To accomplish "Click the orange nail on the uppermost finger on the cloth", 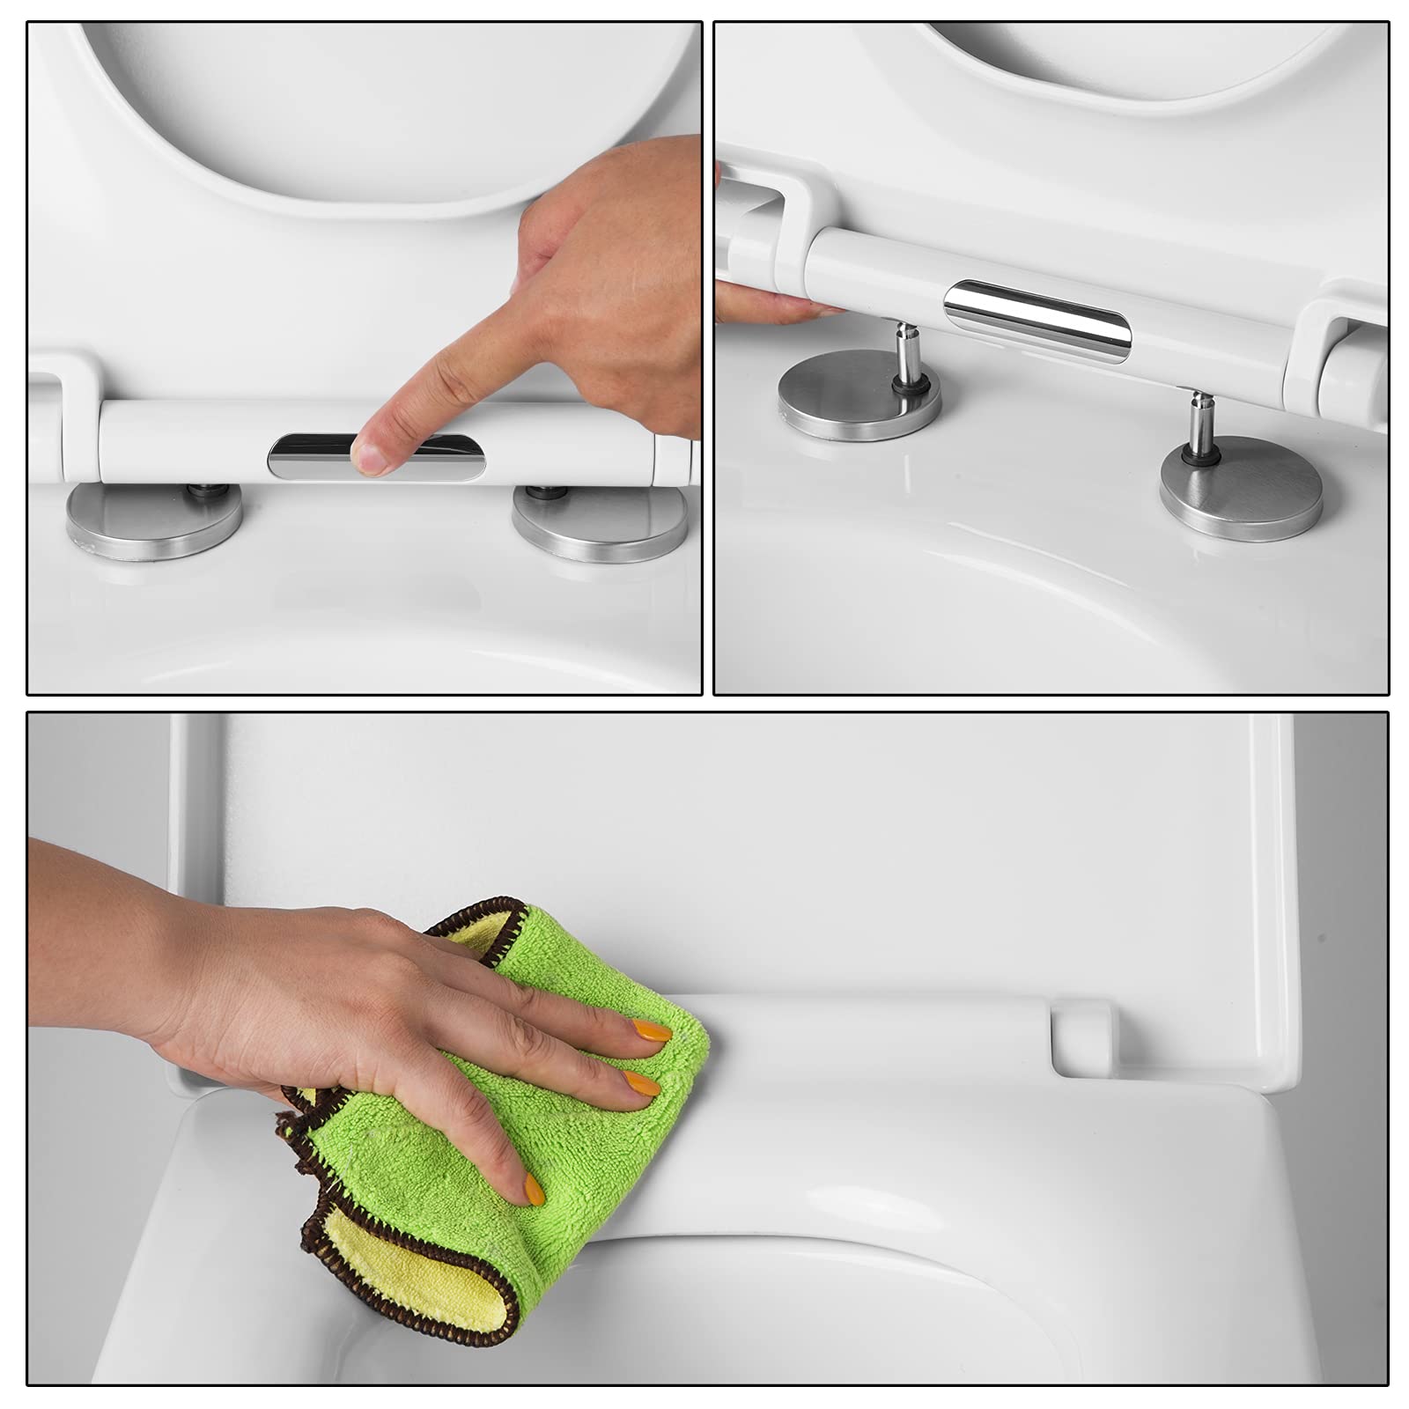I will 651,1029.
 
